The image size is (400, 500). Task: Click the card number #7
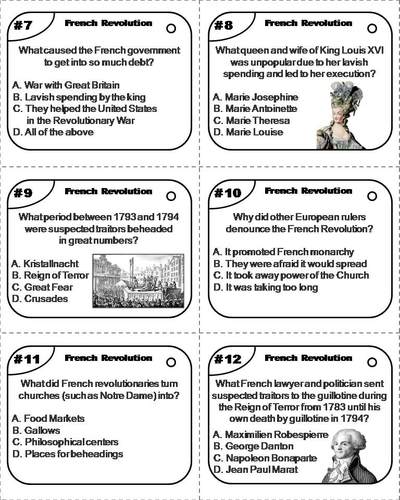tap(23, 25)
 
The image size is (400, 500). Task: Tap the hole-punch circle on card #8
tap(372, 28)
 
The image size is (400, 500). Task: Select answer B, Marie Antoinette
tap(255, 109)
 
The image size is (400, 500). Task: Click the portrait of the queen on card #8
tap(340, 115)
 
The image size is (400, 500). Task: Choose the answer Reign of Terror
tap(50, 275)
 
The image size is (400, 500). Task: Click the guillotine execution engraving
tap(138, 281)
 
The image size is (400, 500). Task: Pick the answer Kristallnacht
tap(45, 264)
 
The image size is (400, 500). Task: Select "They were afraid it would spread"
tap(290, 264)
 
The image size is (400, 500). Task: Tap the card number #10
tap(228, 193)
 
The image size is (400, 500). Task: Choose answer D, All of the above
tap(53, 132)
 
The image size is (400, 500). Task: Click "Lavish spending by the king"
tap(79, 97)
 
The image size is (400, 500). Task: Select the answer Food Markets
tap(48, 418)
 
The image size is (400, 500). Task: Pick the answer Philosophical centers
tap(65, 442)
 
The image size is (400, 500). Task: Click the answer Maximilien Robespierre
tap(271, 435)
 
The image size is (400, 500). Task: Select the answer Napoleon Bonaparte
tap(265, 458)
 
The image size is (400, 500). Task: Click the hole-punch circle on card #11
tap(171, 362)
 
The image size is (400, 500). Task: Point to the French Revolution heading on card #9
tap(109, 191)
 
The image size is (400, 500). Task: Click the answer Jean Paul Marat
tap(256, 470)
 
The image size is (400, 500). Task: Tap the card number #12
tap(228, 359)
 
